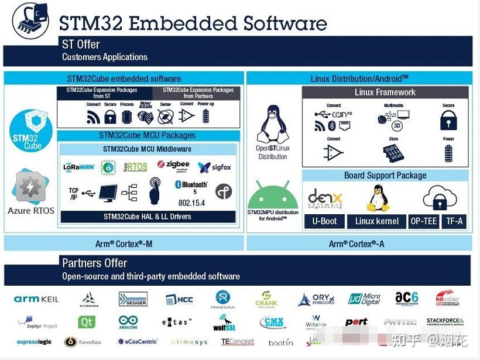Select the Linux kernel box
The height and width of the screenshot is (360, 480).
tap(377, 221)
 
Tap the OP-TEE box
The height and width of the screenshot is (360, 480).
tap(423, 221)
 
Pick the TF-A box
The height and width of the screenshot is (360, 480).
tap(454, 221)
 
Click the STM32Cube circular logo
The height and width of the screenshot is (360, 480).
tap(30, 131)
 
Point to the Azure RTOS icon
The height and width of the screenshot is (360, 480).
tap(30, 187)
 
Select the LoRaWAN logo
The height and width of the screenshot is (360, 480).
tap(79, 167)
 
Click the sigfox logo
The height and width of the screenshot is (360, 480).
tap(214, 167)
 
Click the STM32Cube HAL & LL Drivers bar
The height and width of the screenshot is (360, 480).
tap(148, 217)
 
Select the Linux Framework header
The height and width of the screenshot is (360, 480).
tap(385, 92)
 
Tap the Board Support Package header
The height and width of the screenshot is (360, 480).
tap(385, 176)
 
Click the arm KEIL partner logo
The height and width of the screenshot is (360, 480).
tap(36, 299)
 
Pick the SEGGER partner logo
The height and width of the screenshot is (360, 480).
tap(133, 299)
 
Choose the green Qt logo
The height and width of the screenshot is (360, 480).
tap(87, 322)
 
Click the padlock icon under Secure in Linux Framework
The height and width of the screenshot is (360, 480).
tap(448, 120)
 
